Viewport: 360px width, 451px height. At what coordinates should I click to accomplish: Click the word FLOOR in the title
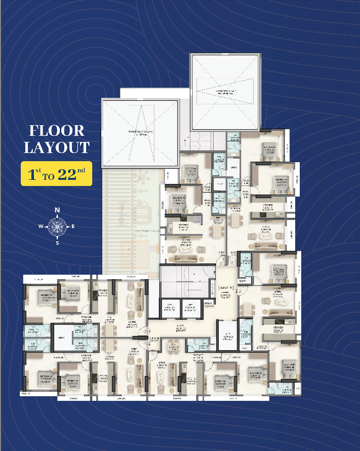(56, 130)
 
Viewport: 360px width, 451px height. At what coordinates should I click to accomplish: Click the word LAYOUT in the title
(56, 147)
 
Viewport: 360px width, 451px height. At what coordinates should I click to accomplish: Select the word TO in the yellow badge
(48, 176)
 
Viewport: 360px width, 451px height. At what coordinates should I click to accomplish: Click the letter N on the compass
(57, 210)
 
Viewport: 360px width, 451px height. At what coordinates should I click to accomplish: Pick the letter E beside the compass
(73, 226)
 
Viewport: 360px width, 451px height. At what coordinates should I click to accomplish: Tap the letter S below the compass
(57, 243)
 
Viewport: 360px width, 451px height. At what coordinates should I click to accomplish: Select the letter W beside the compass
(41, 226)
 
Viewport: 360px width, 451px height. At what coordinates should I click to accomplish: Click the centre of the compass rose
(57, 226)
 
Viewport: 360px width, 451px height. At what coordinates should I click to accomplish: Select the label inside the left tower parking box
(141, 133)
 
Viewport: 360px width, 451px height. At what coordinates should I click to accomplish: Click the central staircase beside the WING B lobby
(185, 281)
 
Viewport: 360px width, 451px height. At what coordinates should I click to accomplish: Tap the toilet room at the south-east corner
(285, 388)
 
